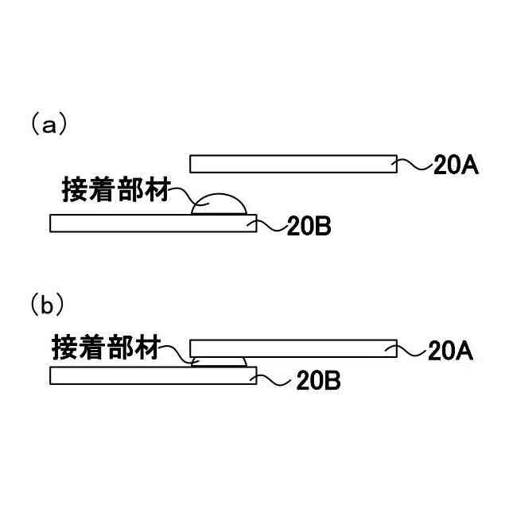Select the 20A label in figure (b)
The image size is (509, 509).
click(x=451, y=351)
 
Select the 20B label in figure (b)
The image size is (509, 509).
click(x=318, y=381)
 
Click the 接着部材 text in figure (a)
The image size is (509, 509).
click(x=116, y=189)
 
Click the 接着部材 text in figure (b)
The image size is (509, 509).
click(x=106, y=347)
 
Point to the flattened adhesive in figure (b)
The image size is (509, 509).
click(x=218, y=362)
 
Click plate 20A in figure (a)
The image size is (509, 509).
click(x=293, y=164)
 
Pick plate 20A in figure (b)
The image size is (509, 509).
click(x=293, y=348)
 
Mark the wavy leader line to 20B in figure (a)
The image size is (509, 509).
click(x=270, y=227)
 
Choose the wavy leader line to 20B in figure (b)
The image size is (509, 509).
click(x=274, y=379)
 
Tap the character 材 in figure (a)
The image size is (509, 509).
click(x=157, y=189)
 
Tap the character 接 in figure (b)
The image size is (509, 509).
click(x=65, y=347)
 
